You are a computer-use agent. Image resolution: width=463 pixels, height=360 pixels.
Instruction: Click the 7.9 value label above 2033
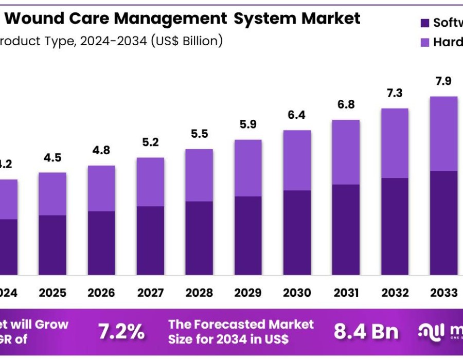coord(444,81)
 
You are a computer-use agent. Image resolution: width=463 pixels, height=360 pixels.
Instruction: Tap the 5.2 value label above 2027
coord(150,142)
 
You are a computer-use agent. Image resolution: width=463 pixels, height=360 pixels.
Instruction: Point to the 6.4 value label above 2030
coord(297,115)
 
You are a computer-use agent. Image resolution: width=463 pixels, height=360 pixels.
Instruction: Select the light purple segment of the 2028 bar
coord(199,175)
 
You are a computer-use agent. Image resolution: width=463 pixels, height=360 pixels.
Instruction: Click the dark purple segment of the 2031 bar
coord(346,229)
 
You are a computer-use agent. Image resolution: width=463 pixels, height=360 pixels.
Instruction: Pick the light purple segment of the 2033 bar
coord(444,134)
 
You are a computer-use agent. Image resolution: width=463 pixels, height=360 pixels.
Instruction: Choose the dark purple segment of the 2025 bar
coord(52,245)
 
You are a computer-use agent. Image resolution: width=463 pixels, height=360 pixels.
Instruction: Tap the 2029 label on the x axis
coord(248,293)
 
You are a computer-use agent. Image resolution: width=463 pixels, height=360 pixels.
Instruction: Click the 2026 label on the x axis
coord(101,293)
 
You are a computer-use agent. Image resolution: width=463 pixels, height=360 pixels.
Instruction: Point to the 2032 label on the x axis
coord(395,293)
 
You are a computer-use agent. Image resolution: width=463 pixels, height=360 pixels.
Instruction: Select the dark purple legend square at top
coord(424,23)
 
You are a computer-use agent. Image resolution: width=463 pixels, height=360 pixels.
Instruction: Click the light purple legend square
coord(424,43)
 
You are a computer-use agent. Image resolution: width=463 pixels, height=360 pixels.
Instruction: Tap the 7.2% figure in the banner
coord(121,332)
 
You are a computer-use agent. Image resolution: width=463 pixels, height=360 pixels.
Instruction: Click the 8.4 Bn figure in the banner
coord(366,332)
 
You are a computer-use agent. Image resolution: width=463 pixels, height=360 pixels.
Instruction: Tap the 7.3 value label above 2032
coord(395,93)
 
